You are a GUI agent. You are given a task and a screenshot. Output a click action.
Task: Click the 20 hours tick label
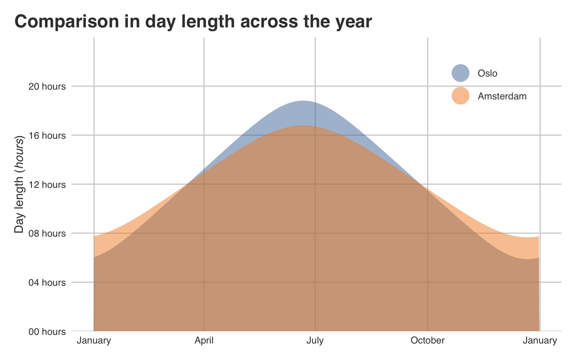47,86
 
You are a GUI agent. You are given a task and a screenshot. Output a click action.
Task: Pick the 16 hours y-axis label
47,135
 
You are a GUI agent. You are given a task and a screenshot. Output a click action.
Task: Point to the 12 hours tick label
47,184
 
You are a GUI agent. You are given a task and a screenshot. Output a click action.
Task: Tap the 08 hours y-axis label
47,234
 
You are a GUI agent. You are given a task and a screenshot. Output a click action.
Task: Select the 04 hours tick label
47,282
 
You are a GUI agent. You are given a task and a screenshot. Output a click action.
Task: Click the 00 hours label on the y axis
47,331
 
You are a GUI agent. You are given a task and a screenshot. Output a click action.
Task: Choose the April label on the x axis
204,340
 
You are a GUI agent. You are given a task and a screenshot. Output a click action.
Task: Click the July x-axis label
315,340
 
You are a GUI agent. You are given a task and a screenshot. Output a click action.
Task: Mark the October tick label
427,340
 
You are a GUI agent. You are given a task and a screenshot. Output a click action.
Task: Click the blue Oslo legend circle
460,73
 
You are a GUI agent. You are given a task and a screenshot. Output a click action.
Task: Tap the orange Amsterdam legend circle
460,96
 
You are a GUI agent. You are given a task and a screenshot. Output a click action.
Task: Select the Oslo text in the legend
487,73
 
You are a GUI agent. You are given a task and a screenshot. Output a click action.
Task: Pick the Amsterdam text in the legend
502,96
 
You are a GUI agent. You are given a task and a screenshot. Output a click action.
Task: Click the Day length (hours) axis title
19,184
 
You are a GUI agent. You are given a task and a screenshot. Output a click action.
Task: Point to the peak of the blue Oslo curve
303,101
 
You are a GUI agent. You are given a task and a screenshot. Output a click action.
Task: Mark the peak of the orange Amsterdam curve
302,126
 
